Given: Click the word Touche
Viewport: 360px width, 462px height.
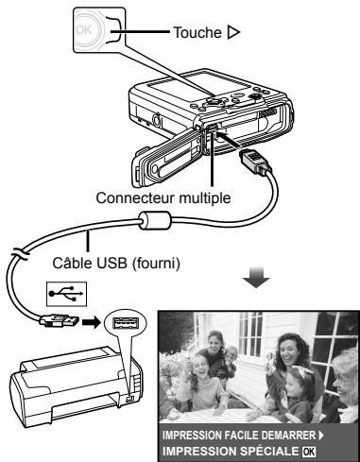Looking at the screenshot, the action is coord(197,32).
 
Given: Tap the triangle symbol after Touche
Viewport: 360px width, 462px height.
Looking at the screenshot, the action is coord(233,32).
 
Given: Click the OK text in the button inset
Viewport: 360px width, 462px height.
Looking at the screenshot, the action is coord(84,30).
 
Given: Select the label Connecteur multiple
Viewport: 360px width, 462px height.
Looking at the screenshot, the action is coord(163,197).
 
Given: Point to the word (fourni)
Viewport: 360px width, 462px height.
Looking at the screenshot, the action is coord(156,264).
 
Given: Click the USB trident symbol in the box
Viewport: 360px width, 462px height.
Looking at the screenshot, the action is coord(66,294).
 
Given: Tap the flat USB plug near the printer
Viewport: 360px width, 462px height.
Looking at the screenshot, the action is coord(60,321).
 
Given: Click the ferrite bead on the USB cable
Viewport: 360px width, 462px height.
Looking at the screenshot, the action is coord(155,220).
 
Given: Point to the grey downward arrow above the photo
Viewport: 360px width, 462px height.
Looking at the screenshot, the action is coord(256,277).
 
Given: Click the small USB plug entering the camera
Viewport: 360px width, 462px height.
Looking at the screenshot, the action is coord(256,162).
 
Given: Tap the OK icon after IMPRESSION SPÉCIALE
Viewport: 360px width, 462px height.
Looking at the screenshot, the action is coord(308,451).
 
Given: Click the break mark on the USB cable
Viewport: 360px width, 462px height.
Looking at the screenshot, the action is coord(20,254).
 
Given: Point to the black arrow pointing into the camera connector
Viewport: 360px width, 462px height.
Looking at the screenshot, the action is coord(228,140).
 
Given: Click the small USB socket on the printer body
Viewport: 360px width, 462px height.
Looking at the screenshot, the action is coord(129,399).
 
